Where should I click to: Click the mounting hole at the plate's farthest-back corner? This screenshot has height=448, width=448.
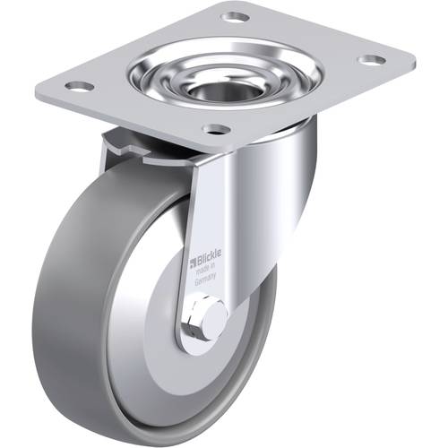236,16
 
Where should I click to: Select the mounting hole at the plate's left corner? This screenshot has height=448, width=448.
79,86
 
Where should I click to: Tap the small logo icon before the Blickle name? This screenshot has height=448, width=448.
190,262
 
